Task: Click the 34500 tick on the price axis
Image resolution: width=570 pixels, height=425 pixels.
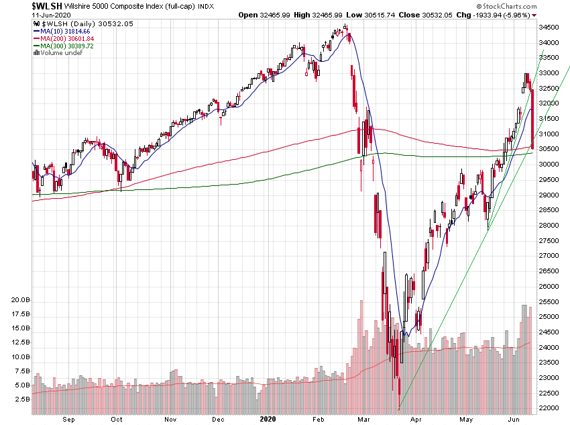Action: [549, 28]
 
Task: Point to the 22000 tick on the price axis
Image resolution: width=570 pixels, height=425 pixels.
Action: [549, 408]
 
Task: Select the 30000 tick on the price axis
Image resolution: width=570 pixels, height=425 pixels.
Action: [549, 164]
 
